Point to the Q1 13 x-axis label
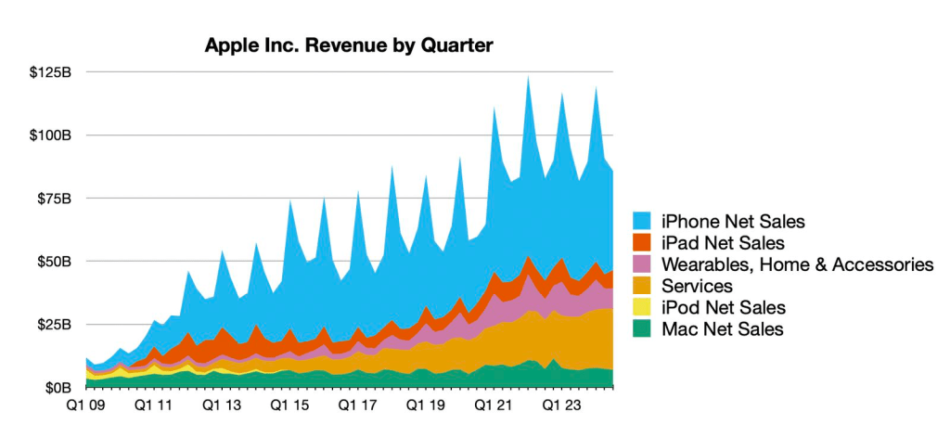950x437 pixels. [x=220, y=405]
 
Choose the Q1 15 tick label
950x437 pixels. [x=288, y=405]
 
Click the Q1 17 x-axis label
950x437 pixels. [x=355, y=405]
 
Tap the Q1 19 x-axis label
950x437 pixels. [x=423, y=405]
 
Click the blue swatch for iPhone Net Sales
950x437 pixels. [x=644, y=222]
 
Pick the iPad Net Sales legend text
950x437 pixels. [x=724, y=243]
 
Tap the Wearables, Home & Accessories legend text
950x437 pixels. [x=797, y=264]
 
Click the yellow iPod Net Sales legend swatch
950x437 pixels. [x=644, y=307]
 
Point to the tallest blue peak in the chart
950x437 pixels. [x=528, y=78]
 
